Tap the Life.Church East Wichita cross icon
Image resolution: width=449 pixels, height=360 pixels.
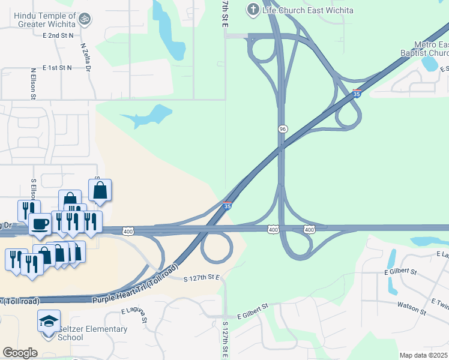(x=253, y=9)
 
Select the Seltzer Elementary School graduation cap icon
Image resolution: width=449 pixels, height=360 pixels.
(x=49, y=322)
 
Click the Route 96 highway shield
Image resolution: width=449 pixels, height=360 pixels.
(x=282, y=129)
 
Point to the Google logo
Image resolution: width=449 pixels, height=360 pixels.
(x=20, y=353)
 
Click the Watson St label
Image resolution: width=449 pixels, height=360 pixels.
(x=411, y=308)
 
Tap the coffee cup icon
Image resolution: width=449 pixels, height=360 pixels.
(x=40, y=224)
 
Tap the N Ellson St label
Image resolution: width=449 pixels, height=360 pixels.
(x=34, y=84)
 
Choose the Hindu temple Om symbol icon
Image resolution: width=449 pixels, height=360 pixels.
(x=85, y=19)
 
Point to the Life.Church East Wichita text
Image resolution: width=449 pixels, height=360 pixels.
(x=308, y=10)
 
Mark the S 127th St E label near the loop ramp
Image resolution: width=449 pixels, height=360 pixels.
(x=202, y=277)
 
